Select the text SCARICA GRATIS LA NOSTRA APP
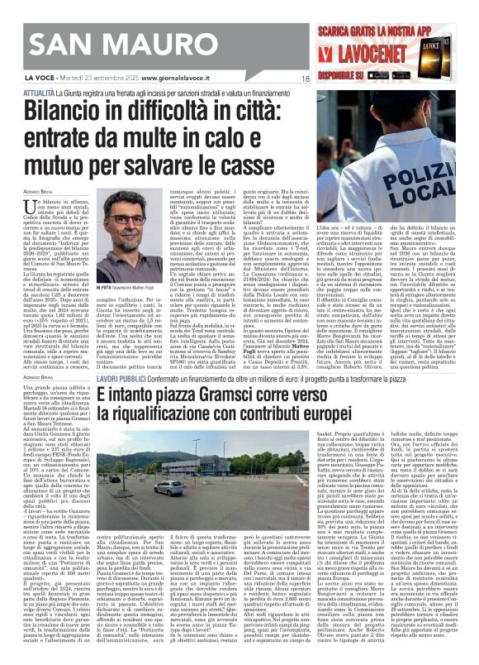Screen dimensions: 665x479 pyautogui.click(x=405, y=16)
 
